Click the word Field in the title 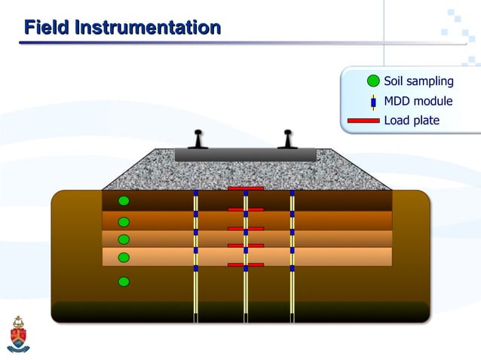coord(46,28)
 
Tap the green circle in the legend coord(373,81)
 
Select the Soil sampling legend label coord(418,81)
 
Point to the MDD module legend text coord(418,101)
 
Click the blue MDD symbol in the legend coord(373,102)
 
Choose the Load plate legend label coord(412,121)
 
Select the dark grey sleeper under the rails coord(245,154)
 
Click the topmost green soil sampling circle coord(124,201)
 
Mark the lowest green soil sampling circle coord(124,282)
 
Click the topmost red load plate coord(245,188)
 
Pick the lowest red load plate coord(245,265)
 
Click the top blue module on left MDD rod coord(195,194)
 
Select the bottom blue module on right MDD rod coord(292,267)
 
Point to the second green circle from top coord(124,221)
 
